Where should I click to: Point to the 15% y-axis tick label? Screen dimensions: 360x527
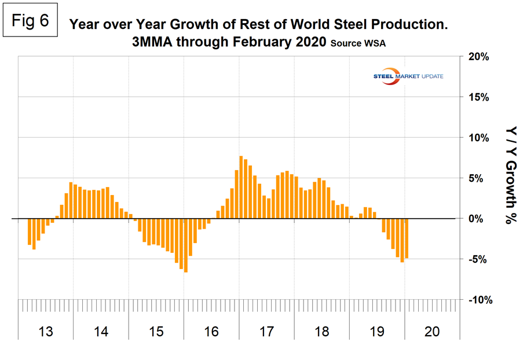(478, 97)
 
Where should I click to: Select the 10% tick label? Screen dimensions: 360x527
(478, 138)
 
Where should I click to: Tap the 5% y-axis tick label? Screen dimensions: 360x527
(480, 178)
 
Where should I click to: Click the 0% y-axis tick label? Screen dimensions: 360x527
(480, 219)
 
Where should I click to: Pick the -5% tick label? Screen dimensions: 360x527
(479, 259)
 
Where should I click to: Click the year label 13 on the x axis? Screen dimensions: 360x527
(46, 332)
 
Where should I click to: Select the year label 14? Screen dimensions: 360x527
(101, 332)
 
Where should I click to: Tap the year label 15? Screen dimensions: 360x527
(156, 332)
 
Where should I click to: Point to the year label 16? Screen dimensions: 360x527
(211, 332)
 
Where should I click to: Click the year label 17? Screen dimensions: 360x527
(266, 332)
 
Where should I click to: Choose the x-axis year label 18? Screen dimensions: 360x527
(321, 332)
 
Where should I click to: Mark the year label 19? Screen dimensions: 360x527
(376, 332)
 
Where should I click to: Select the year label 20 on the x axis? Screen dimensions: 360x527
(432, 332)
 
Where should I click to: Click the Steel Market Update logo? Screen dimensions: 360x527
(411, 76)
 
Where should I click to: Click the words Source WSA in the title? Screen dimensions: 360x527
(358, 43)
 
